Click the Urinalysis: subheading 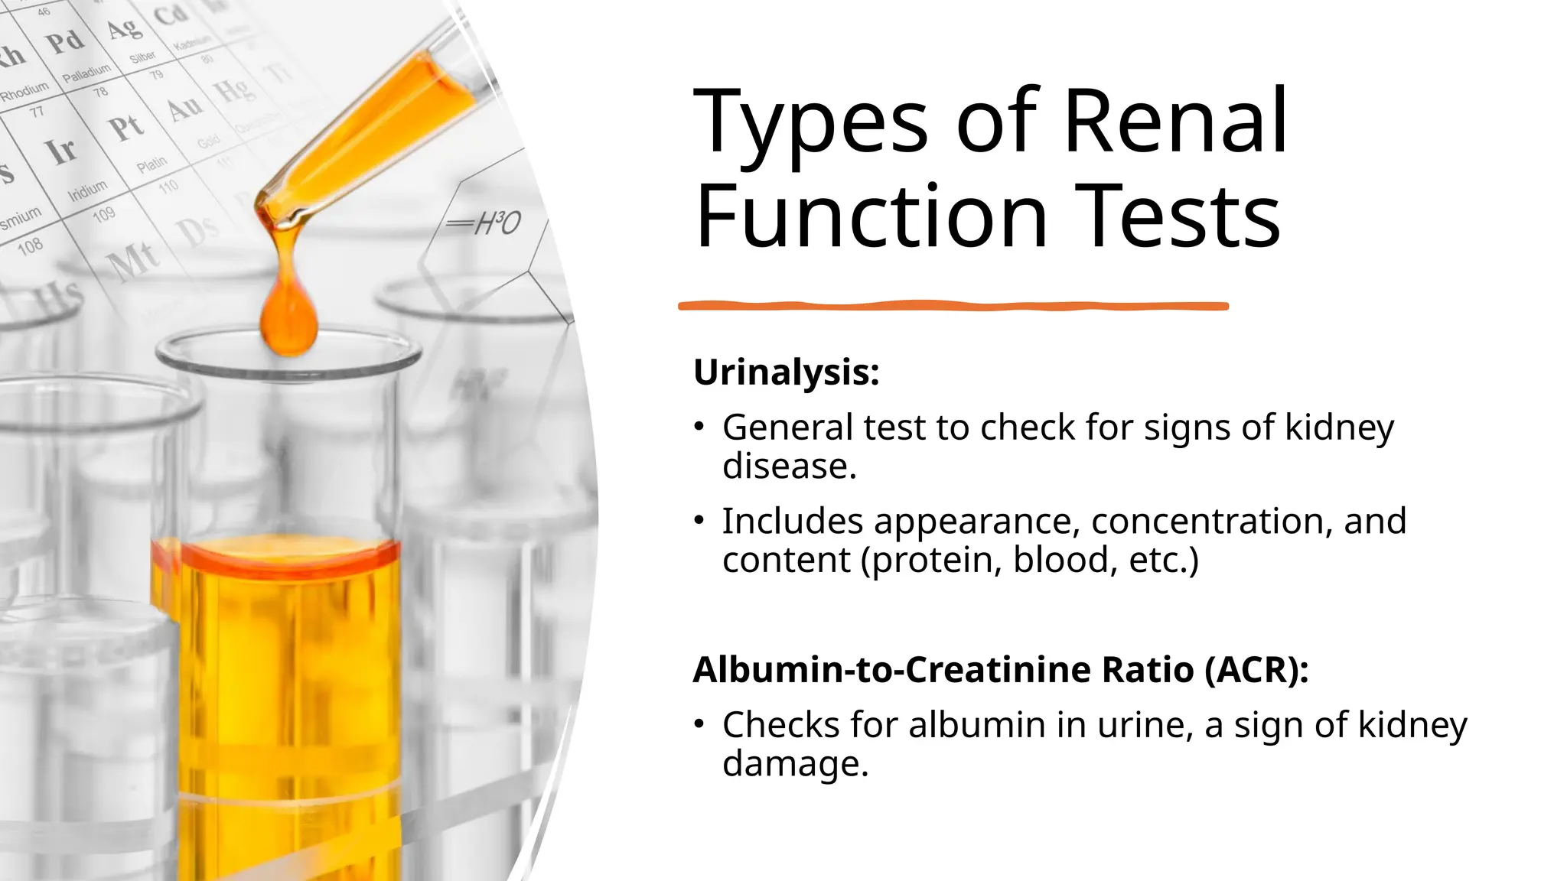(786, 373)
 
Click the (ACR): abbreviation (1256, 670)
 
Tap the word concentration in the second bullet (1207, 522)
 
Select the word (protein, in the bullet (931, 561)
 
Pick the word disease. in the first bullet (789, 467)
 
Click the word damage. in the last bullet (795, 764)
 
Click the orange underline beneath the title (953, 306)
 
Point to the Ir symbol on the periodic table (61, 151)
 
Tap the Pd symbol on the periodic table (65, 41)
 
